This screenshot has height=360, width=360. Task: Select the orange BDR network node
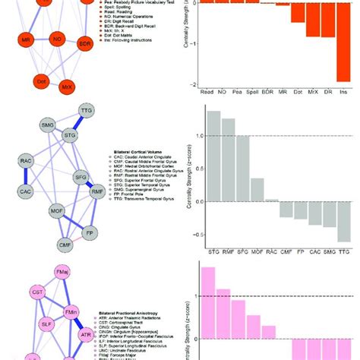[84, 44]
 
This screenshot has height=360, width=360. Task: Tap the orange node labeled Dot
[42, 81]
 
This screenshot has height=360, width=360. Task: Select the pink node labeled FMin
[71, 311]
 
